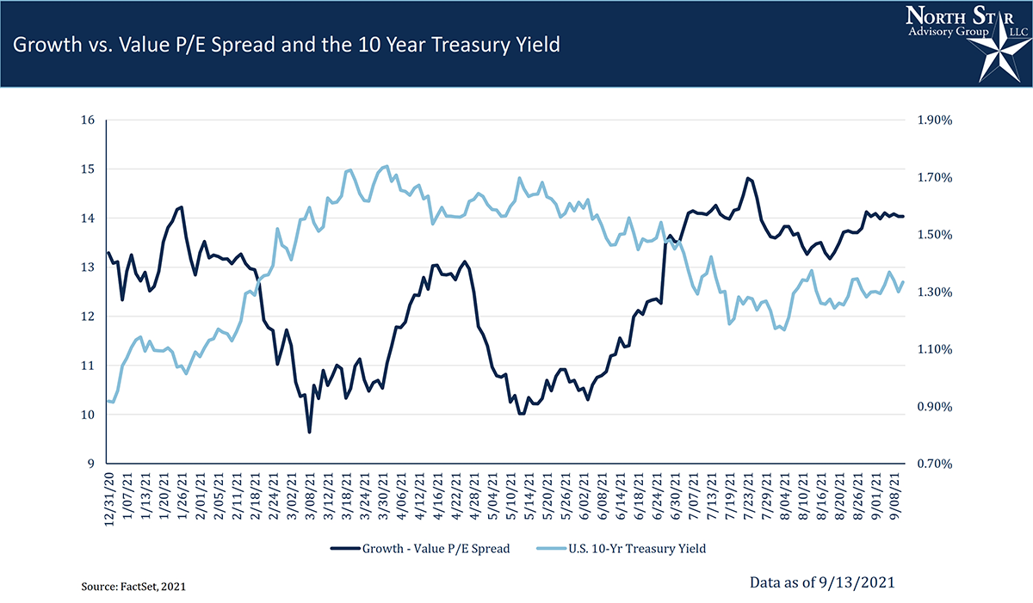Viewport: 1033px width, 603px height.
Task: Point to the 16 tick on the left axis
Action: (x=87, y=120)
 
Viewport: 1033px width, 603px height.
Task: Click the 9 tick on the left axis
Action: (x=90, y=464)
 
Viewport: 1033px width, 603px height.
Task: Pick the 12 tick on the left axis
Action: (x=87, y=317)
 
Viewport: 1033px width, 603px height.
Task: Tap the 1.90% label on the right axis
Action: (x=935, y=120)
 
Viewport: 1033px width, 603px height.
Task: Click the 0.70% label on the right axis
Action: (x=935, y=464)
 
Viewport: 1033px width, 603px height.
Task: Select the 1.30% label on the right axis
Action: (x=935, y=292)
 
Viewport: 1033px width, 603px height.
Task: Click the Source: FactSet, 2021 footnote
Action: (x=133, y=586)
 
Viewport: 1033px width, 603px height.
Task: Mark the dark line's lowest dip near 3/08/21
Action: (x=309, y=432)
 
